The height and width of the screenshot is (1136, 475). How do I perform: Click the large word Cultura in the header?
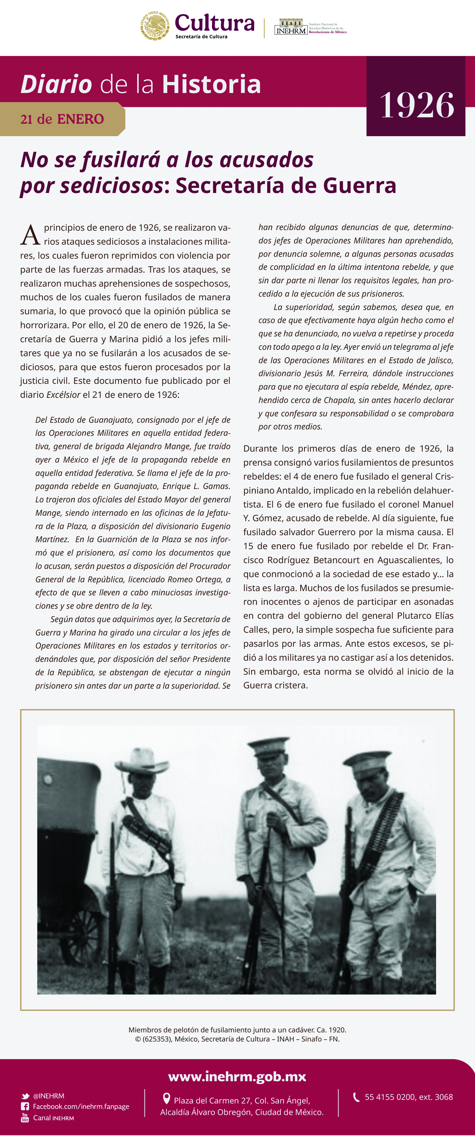click(x=215, y=23)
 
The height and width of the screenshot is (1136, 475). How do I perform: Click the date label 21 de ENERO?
click(x=62, y=119)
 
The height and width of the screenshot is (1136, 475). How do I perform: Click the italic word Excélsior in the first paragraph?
click(x=63, y=395)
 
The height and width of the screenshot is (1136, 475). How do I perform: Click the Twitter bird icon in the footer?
click(x=26, y=1096)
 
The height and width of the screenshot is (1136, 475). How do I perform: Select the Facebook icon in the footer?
click(x=25, y=1107)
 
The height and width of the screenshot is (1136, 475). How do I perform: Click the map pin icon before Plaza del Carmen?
click(x=166, y=1099)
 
